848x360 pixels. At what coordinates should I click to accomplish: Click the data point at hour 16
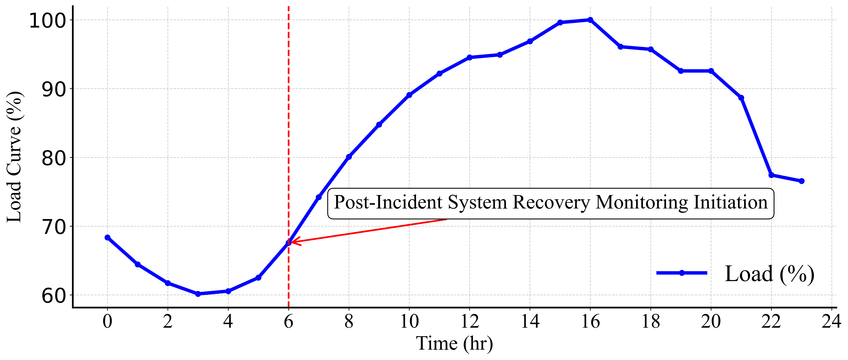coord(590,20)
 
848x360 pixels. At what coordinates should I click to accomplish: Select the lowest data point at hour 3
coord(198,294)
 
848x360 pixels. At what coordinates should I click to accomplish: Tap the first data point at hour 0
coord(107,237)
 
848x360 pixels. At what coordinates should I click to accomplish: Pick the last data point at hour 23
coord(802,181)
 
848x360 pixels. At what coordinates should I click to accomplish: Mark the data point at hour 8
coord(349,157)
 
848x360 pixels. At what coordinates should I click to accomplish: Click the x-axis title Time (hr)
coord(455,344)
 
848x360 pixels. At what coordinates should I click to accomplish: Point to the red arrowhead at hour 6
coord(292,242)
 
